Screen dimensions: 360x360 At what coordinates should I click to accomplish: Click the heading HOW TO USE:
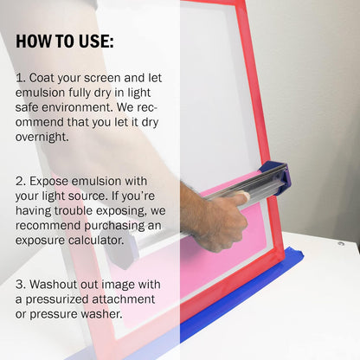click(65, 42)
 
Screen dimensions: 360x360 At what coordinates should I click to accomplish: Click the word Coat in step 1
click(42, 78)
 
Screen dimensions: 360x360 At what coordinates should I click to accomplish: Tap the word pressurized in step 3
click(57, 299)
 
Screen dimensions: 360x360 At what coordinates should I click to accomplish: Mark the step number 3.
click(21, 285)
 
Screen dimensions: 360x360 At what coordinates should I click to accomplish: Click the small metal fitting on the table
click(341, 244)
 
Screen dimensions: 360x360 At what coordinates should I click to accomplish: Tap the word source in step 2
click(88, 196)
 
